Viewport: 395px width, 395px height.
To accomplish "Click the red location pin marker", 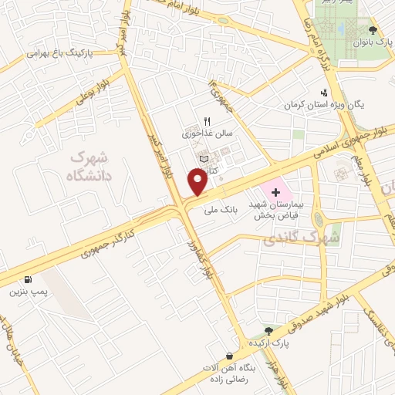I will (x=198, y=182).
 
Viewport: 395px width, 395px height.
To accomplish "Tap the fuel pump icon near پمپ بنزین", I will (x=29, y=280).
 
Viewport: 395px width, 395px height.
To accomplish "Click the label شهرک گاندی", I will (x=302, y=239).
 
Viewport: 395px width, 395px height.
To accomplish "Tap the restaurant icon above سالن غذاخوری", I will (x=206, y=121).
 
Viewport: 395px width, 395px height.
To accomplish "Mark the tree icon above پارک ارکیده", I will (x=268, y=329).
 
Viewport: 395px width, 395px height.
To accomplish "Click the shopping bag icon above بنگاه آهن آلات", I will (x=228, y=356).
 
